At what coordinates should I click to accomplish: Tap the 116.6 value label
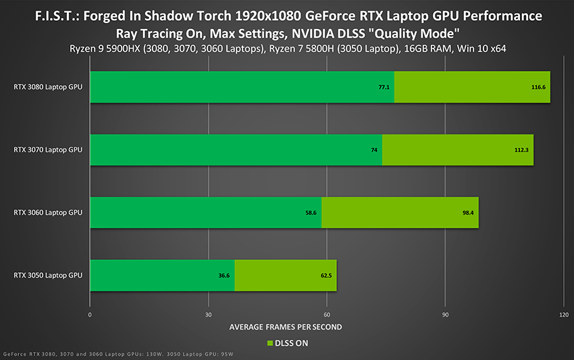pyautogui.click(x=538, y=87)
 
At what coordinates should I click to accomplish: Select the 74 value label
pyautogui.click(x=374, y=150)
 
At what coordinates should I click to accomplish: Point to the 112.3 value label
pyautogui.click(x=521, y=150)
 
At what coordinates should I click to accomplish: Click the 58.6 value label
pyautogui.click(x=311, y=213)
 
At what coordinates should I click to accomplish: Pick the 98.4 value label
pyautogui.click(x=467, y=213)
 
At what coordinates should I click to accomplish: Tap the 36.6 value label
pyautogui.click(x=224, y=276)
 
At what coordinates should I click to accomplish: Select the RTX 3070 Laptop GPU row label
pyautogui.click(x=47, y=149)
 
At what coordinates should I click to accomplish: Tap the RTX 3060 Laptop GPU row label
pyautogui.click(x=47, y=212)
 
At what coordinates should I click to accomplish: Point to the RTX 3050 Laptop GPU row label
pyautogui.click(x=47, y=275)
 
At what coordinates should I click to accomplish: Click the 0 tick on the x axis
pyautogui.click(x=90, y=315)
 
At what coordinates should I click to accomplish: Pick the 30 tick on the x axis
pyautogui.click(x=209, y=315)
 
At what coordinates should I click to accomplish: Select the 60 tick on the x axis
pyautogui.click(x=327, y=315)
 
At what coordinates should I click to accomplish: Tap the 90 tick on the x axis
pyautogui.click(x=445, y=315)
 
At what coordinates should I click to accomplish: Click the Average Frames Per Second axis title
pyautogui.click(x=286, y=327)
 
